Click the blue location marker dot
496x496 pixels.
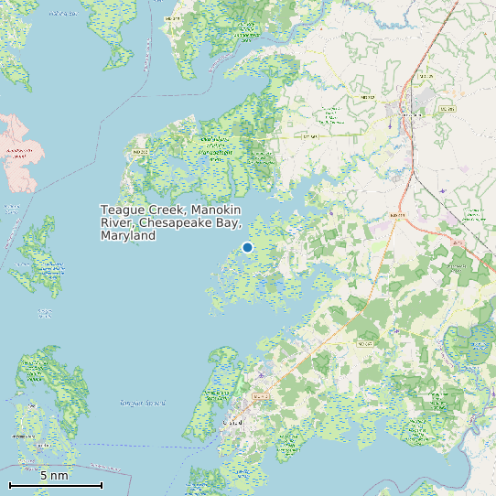coord(247,247)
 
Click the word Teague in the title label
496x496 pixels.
coord(122,210)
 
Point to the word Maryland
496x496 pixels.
coord(127,236)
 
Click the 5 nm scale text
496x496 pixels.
coord(55,476)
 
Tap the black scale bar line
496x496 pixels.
coord(55,485)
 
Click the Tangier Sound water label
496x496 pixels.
coord(143,403)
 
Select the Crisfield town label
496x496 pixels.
coord(234,423)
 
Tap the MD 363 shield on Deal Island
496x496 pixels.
coord(140,151)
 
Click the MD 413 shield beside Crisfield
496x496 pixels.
coord(261,396)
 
